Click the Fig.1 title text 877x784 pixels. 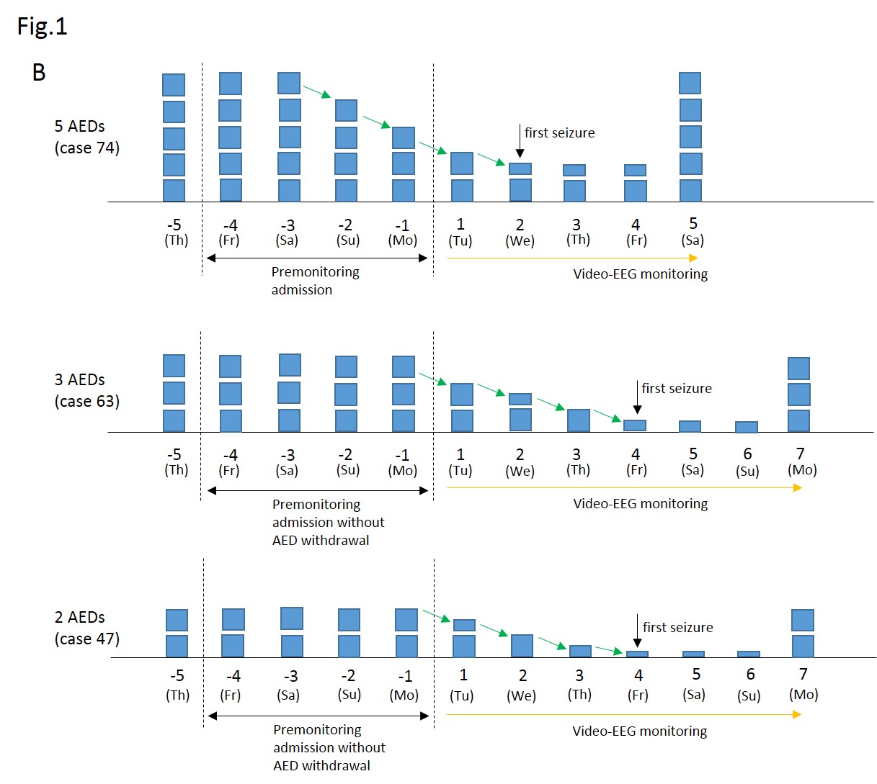point(42,27)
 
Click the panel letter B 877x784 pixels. point(39,72)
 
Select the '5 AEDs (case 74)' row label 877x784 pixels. point(86,137)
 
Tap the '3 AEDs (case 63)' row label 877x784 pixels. point(86,390)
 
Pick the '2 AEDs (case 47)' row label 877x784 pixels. point(86,628)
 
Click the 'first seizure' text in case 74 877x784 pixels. point(559,132)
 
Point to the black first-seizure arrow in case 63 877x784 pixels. point(637,397)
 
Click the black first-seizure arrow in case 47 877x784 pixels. point(637,631)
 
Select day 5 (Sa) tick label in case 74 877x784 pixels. point(693,232)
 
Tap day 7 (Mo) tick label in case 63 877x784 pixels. point(801,461)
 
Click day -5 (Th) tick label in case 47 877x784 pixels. point(177,685)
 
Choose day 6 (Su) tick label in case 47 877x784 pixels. point(749,685)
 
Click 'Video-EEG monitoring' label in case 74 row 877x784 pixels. point(640,274)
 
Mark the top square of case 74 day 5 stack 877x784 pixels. point(690,83)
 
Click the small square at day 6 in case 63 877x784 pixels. point(747,427)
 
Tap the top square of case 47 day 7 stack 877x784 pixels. point(803,620)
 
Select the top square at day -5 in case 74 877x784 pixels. point(174,85)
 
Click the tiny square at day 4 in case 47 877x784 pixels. point(637,654)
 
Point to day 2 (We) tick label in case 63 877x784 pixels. point(520,462)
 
